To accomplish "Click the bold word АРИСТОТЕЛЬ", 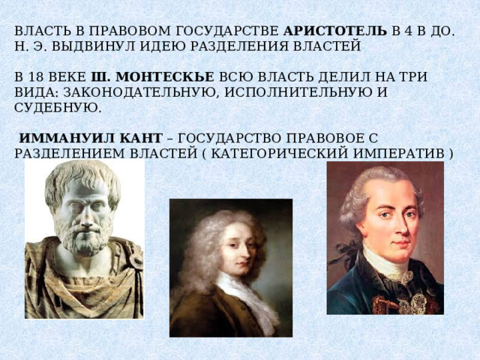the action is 335,31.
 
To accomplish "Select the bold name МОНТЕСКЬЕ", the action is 165,76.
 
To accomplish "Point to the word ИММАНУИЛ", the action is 67,138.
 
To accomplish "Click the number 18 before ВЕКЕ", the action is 36,76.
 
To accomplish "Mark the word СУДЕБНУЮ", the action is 58,108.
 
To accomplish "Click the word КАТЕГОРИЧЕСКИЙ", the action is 280,153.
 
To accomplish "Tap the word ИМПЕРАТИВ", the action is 398,153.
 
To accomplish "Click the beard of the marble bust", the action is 82,237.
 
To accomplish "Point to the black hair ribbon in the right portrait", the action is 343,253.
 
